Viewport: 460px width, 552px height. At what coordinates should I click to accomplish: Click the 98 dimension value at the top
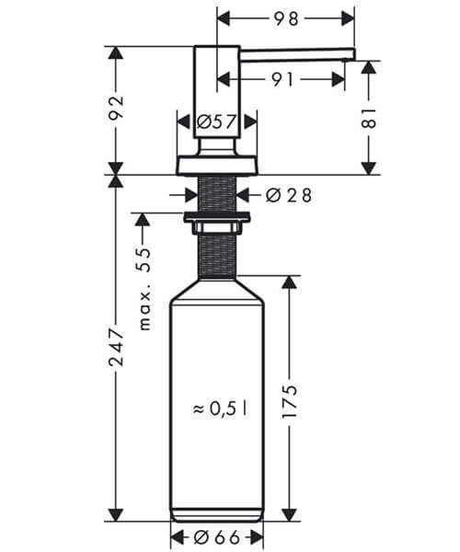tap(286, 18)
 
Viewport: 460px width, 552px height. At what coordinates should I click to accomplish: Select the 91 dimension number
tap(282, 80)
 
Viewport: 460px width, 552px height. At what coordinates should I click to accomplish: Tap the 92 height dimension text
tap(116, 108)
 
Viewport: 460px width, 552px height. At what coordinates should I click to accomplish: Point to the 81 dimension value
tap(369, 118)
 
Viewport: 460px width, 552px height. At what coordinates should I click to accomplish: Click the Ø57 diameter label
tap(216, 122)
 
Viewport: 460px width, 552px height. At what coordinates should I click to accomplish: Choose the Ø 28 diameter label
tap(289, 195)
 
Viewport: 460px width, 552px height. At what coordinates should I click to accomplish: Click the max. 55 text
tap(144, 289)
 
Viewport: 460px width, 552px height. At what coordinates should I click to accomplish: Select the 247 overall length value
tap(116, 347)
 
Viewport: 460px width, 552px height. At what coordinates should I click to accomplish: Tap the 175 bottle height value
tap(289, 402)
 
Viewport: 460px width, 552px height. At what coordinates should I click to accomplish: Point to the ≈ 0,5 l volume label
tap(220, 408)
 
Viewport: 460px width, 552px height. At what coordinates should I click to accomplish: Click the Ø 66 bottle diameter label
tap(216, 537)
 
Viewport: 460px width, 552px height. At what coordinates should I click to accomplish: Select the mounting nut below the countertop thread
tap(216, 222)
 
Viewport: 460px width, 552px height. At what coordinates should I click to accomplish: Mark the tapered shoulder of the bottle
tap(217, 290)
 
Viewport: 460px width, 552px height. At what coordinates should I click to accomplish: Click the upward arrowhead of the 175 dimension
tap(289, 282)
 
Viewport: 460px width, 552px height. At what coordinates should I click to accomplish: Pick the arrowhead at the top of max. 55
tap(143, 220)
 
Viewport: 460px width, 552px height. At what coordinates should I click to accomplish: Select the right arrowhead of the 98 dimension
tap(348, 18)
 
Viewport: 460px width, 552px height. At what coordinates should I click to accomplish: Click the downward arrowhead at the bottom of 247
tap(116, 515)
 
